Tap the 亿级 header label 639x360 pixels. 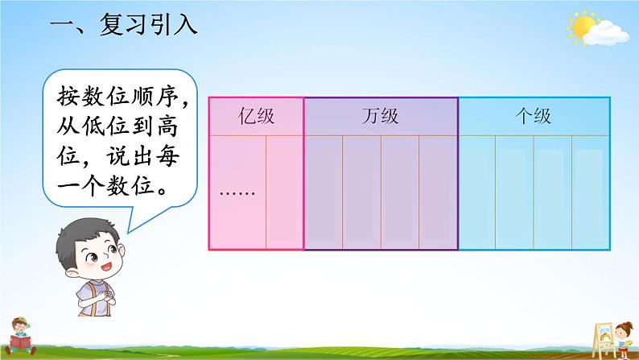(x=257, y=116)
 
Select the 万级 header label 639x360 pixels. (x=381, y=116)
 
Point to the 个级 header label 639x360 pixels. (x=533, y=116)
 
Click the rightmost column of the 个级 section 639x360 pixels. (x=590, y=192)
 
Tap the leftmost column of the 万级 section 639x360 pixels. (x=324, y=192)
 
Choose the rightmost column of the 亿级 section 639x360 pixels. (x=284, y=192)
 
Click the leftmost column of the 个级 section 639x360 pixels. (x=476, y=192)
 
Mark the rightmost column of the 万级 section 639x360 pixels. (x=438, y=192)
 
